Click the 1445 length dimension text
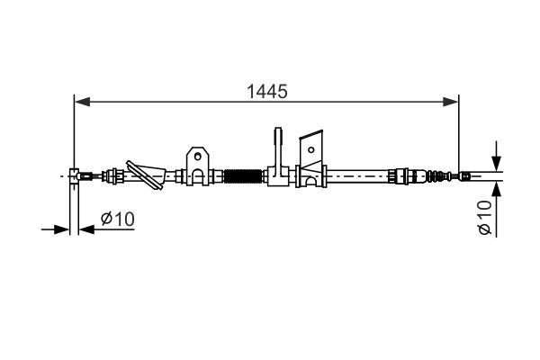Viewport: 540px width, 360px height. click(265, 91)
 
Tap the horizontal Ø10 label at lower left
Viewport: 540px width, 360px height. click(117, 219)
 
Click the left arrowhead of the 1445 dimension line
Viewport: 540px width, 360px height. click(79, 103)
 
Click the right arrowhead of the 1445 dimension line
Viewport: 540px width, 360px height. click(454, 103)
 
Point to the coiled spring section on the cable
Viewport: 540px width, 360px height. click(240, 175)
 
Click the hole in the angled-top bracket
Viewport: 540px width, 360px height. click(312, 144)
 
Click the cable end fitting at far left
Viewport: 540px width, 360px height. click(77, 175)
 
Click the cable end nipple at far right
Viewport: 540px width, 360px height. click(463, 175)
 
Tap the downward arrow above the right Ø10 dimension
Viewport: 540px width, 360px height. click(495, 162)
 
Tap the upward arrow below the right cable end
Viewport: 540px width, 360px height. click(495, 188)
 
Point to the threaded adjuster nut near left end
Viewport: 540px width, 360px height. click(114, 175)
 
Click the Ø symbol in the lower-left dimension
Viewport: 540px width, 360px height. click(106, 219)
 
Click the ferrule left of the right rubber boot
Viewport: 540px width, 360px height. click(402, 175)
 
